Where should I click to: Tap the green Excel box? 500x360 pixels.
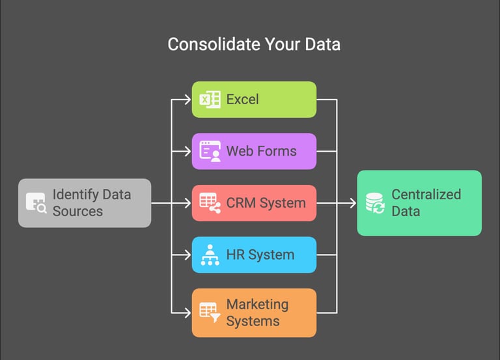254,100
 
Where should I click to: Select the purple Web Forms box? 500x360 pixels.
254,151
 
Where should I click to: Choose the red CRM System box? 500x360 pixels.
254,203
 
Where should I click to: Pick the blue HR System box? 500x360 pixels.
254,255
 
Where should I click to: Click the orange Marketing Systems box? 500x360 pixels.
254,312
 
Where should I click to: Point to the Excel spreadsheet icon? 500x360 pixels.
210,100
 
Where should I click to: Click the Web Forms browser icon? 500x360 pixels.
210,151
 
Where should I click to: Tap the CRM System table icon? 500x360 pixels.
210,203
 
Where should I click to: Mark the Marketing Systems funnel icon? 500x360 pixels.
210,312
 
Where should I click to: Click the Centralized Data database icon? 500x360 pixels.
374,202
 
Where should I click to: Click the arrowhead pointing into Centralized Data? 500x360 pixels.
352,203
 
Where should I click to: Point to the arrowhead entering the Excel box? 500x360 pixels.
187,100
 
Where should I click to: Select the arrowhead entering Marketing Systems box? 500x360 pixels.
187,312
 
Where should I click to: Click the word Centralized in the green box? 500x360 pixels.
426,194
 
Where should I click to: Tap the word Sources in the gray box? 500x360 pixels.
77,211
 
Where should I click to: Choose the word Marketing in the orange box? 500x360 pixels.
257,304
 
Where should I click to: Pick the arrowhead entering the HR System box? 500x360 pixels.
187,255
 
